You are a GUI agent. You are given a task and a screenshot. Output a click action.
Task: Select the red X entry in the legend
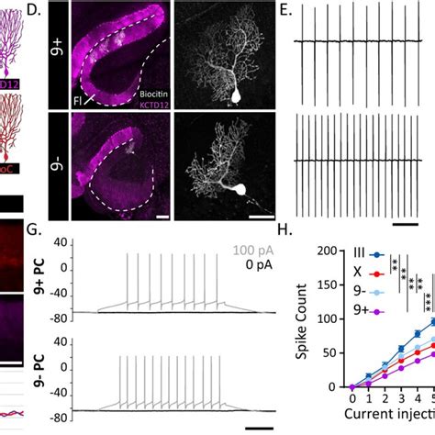point(361,273)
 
